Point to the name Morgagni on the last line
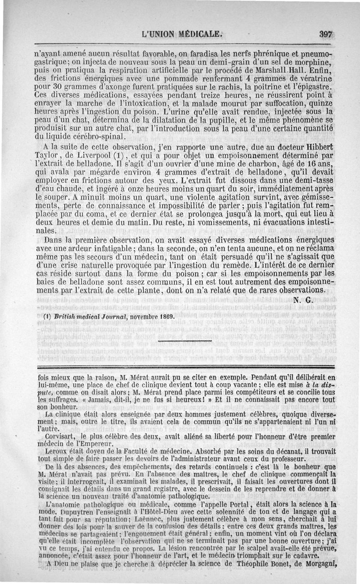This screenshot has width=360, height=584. point(318,563)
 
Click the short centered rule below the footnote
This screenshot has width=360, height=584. point(185,342)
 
